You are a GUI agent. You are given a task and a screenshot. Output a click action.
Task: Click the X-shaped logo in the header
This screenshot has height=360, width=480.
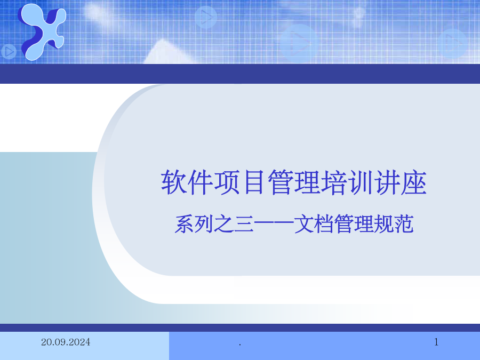pos(42,31)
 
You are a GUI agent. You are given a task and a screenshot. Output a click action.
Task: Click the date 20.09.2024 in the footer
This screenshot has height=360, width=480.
pos(66,342)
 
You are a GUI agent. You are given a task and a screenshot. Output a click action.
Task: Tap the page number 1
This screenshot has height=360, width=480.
pos(436,342)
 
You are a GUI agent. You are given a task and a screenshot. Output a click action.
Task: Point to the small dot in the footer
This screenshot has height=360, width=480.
pos(240,345)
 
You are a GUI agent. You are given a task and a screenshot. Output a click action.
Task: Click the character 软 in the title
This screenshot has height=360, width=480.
pos(173,182)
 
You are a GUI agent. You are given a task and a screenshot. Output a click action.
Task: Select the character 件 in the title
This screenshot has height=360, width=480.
pos(200,182)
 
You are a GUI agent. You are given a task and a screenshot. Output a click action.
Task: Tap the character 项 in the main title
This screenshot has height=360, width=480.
pos(227,182)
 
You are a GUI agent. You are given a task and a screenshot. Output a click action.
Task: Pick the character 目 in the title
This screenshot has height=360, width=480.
pos(254,182)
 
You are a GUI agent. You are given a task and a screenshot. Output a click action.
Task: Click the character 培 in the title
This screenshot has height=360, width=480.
pos(333,182)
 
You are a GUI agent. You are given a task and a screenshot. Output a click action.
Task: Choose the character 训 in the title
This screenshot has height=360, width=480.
pos(360,182)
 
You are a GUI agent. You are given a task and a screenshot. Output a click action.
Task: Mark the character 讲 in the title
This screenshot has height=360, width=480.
pos(387,182)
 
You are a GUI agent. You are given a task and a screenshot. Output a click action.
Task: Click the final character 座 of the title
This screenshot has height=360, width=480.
pos(413,182)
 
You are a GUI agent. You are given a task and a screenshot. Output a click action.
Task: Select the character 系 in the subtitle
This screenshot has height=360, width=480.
pos(185,224)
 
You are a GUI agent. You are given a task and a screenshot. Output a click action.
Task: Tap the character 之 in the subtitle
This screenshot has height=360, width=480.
pos(225,224)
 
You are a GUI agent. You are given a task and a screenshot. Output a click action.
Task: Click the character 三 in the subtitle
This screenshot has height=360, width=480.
pos(244,224)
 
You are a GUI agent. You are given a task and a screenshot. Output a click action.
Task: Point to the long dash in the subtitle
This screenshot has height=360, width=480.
pos(274,225)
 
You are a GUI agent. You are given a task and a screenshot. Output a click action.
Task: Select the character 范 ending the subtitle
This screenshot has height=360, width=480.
pos(404,224)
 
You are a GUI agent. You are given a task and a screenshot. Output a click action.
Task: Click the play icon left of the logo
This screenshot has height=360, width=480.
pos(9,52)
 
